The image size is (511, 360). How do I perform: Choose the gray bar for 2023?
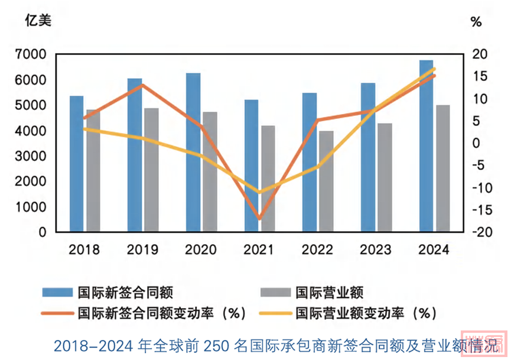pyautogui.click(x=385, y=177)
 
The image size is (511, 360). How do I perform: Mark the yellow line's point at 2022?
pyautogui.click(x=318, y=166)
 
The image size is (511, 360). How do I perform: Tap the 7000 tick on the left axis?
pyautogui.click(x=34, y=55)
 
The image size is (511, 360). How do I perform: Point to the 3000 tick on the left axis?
pyautogui.click(x=34, y=157)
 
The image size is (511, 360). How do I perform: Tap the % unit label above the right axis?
pyautogui.click(x=476, y=22)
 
